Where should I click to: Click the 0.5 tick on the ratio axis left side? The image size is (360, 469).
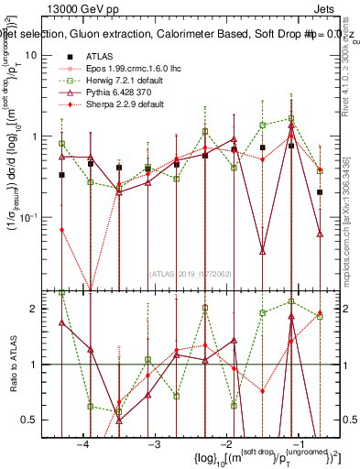click(x=33, y=420)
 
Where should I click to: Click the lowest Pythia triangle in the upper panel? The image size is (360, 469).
click(x=262, y=251)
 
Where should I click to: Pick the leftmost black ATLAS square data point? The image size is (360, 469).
click(x=61, y=174)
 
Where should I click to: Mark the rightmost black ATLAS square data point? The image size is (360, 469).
click(x=320, y=192)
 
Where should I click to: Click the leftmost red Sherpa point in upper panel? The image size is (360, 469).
click(x=61, y=230)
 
